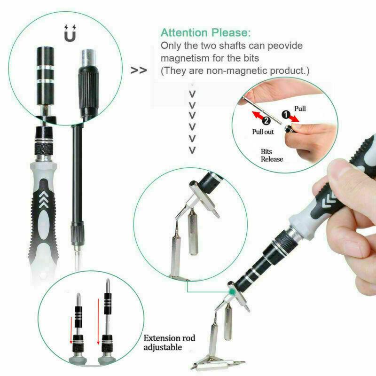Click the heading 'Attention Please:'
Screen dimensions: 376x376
click(x=205, y=33)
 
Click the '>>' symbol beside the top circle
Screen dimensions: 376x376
click(x=138, y=71)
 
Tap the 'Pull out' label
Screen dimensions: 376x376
click(x=263, y=132)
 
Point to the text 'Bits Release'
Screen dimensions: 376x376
click(x=272, y=155)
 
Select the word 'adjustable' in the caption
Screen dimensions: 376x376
click(x=163, y=348)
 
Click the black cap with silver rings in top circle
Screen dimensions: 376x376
click(x=47, y=70)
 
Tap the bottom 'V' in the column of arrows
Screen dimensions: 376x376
click(x=192, y=150)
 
